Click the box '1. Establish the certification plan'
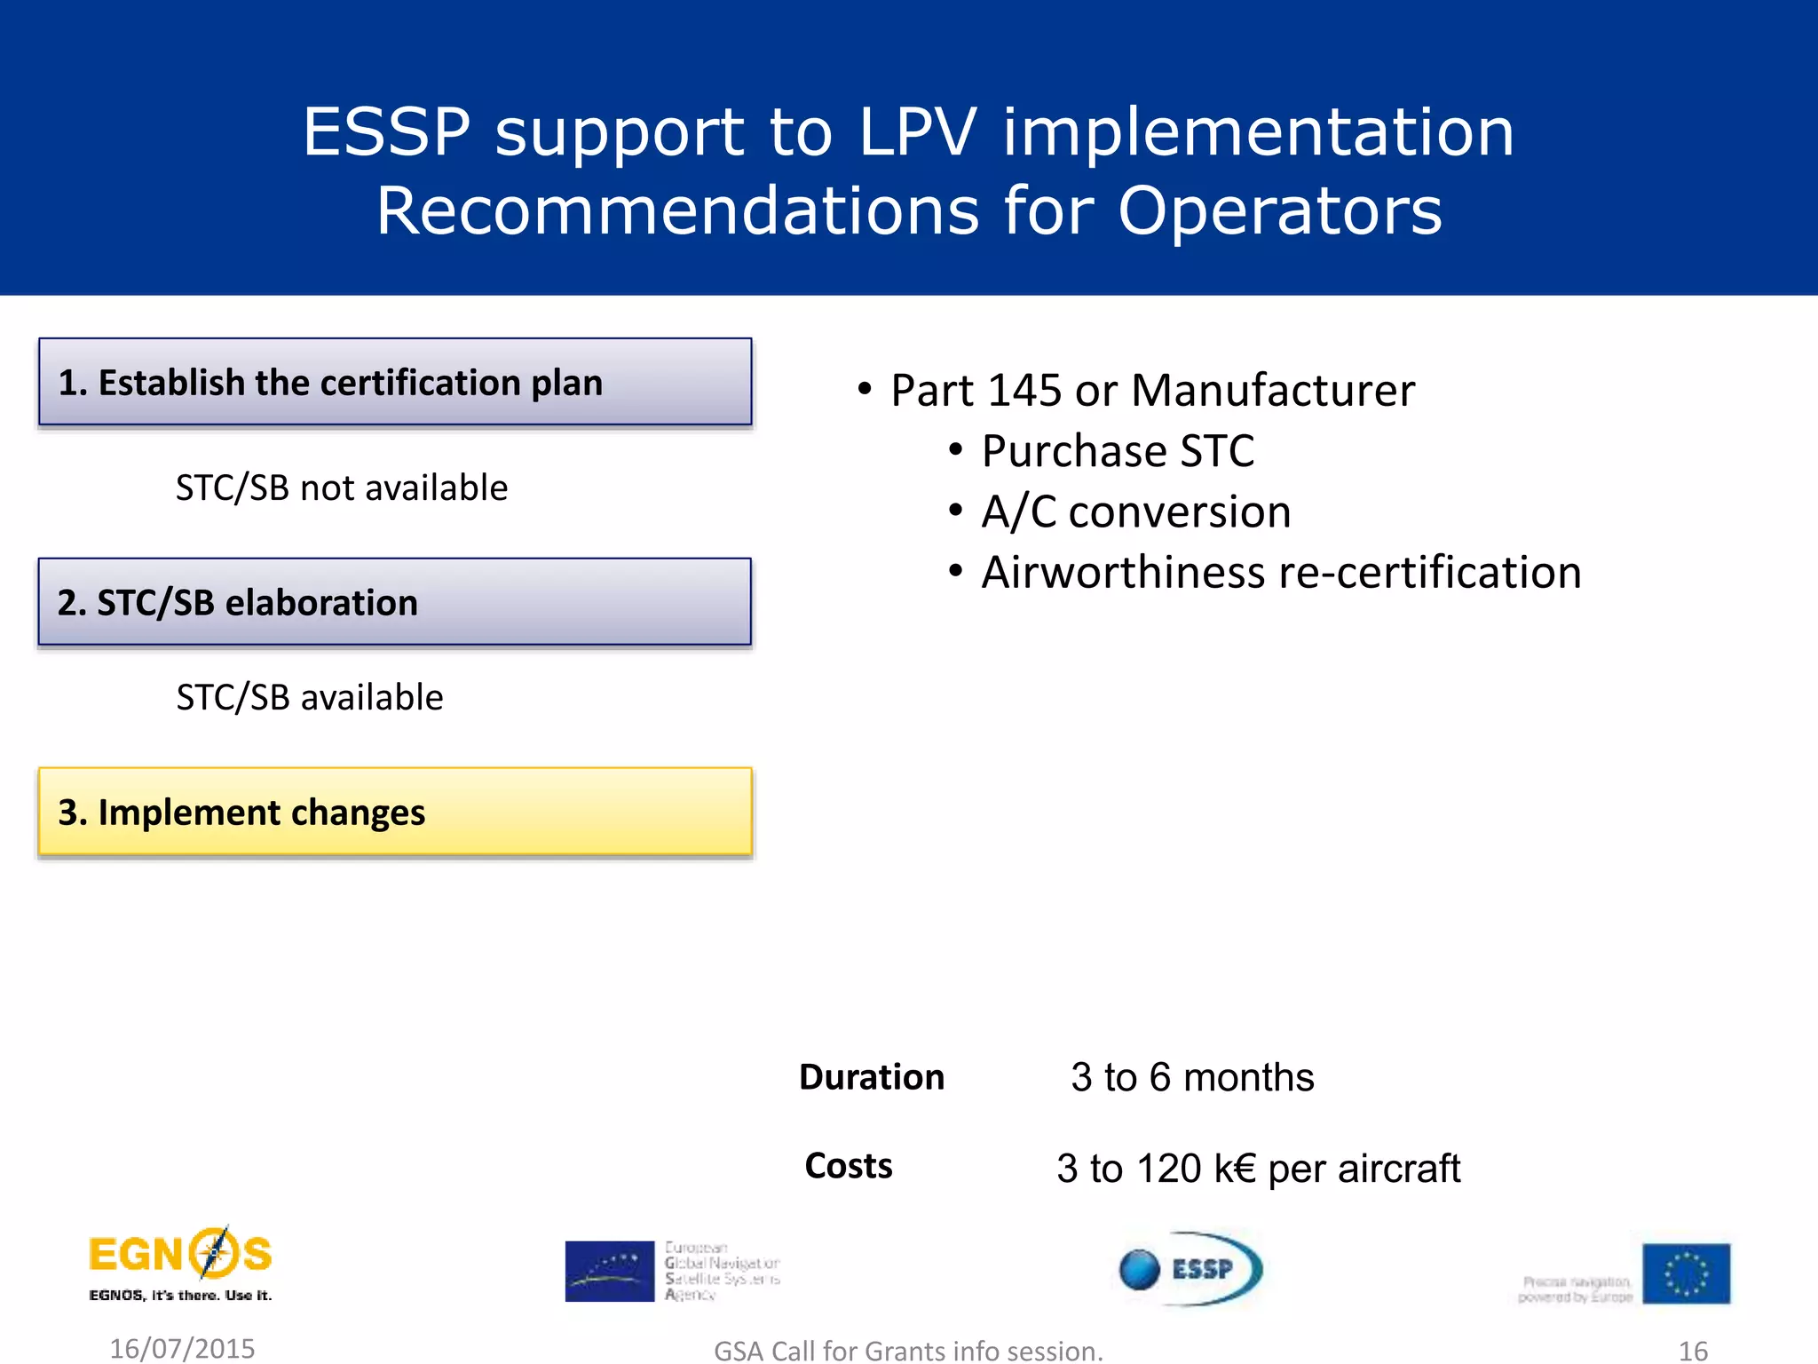point(395,383)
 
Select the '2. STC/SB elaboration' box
point(395,602)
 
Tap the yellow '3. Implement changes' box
point(395,812)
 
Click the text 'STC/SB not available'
point(342,488)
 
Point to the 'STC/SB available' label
point(310,698)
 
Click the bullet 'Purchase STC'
point(1118,451)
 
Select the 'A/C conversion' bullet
point(1135,512)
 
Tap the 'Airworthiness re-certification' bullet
point(1281,573)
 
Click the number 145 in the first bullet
point(1024,391)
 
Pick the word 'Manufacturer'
point(1273,391)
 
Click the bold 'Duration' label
point(872,1077)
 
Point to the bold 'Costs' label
point(849,1166)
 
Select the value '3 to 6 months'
point(1192,1078)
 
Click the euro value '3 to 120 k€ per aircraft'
point(1258,1169)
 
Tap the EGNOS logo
point(181,1264)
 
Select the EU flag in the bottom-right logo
point(1686,1273)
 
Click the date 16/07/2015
point(182,1348)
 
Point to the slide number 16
point(1693,1351)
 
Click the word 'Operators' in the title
point(1279,211)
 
